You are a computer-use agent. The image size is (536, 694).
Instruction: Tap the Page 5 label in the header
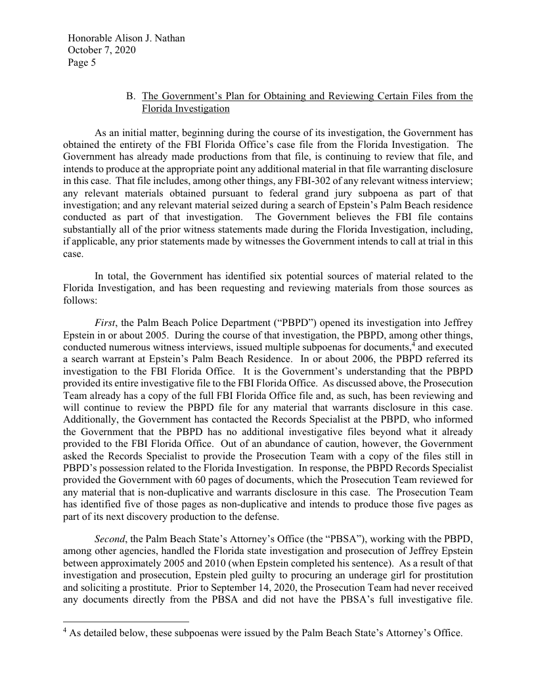point(81,63)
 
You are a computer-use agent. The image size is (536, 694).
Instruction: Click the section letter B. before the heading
point(131,97)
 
